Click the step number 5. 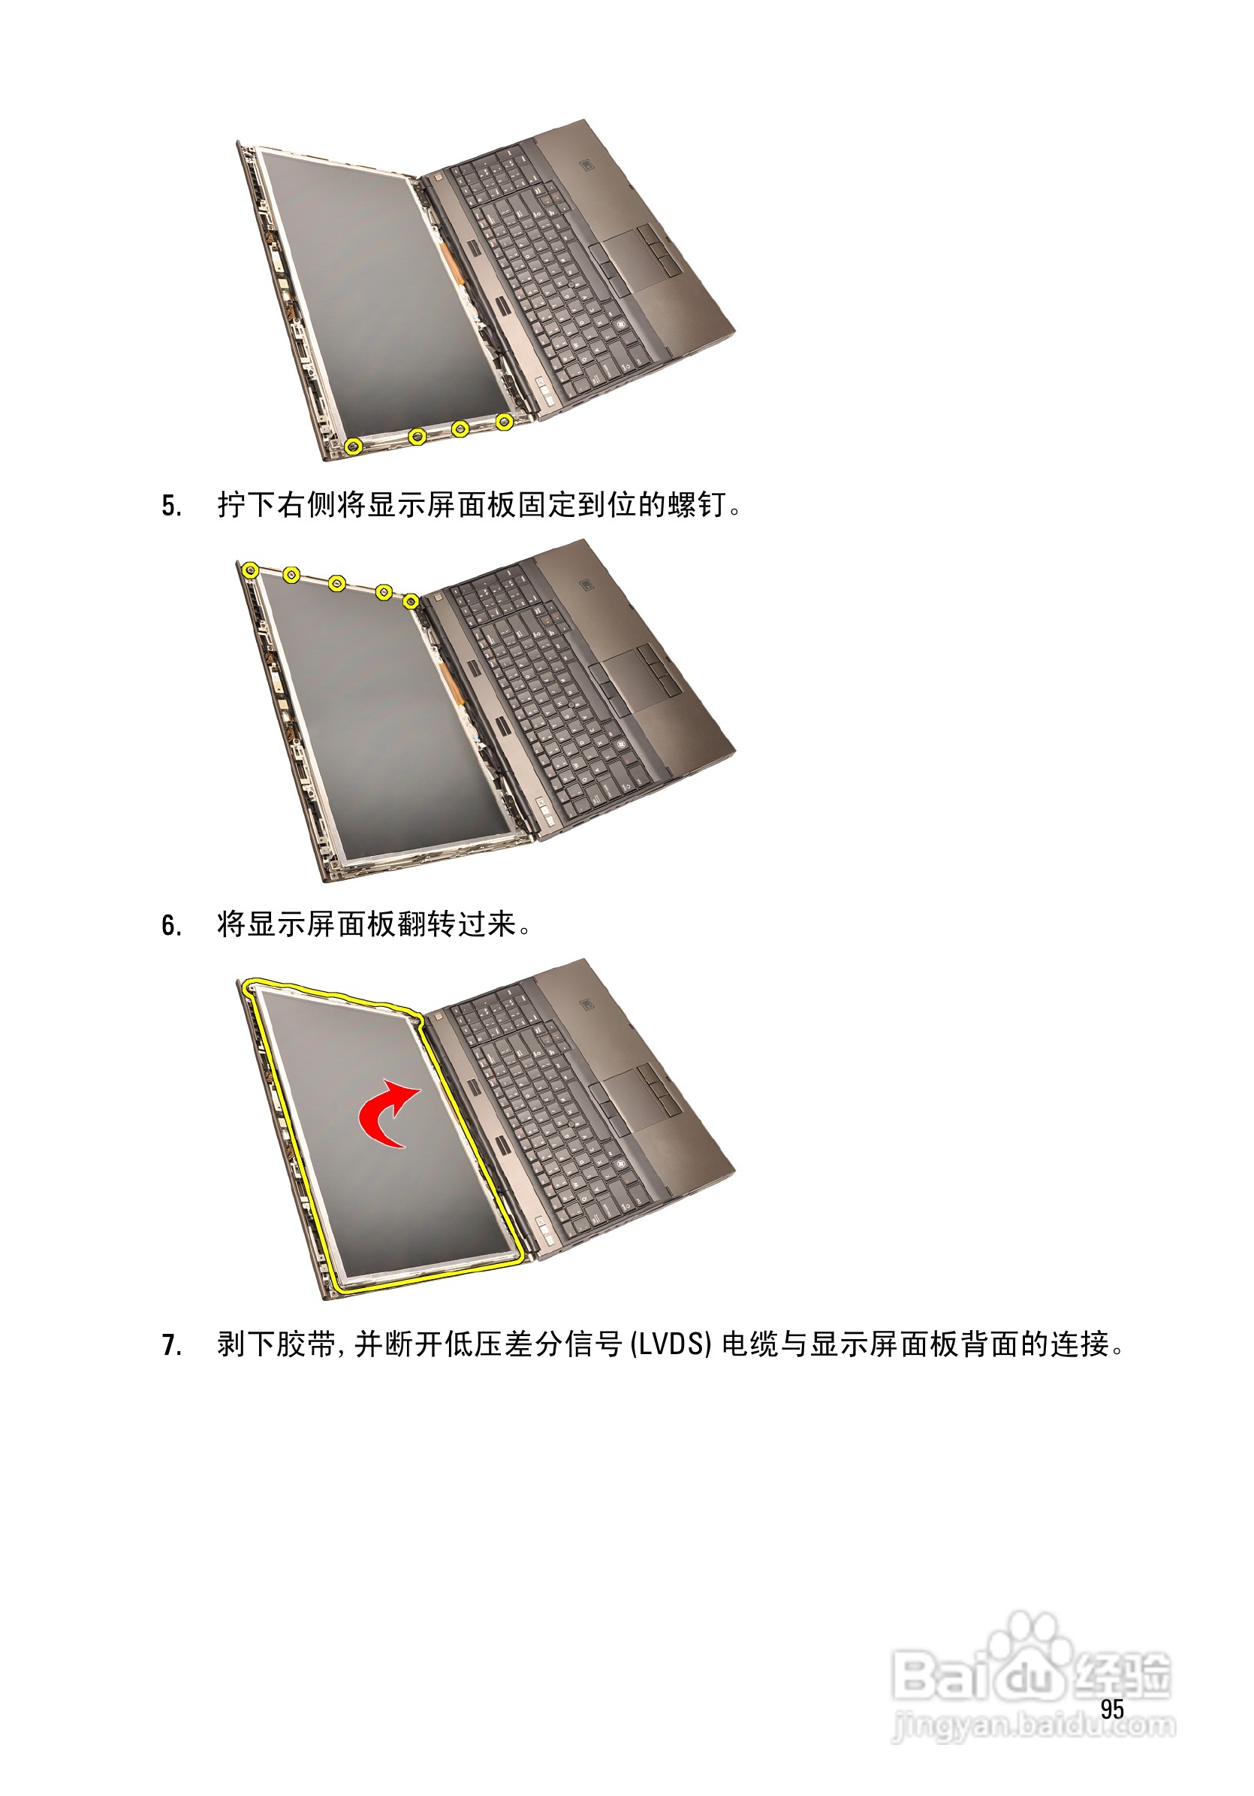pos(170,506)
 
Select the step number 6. pos(170,925)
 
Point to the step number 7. pos(170,1344)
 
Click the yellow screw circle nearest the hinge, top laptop pos(505,422)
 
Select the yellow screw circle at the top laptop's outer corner pos(354,446)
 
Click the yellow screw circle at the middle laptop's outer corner pos(250,570)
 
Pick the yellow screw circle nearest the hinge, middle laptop pos(411,600)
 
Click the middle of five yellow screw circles pos(337,584)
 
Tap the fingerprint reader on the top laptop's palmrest pos(586,166)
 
